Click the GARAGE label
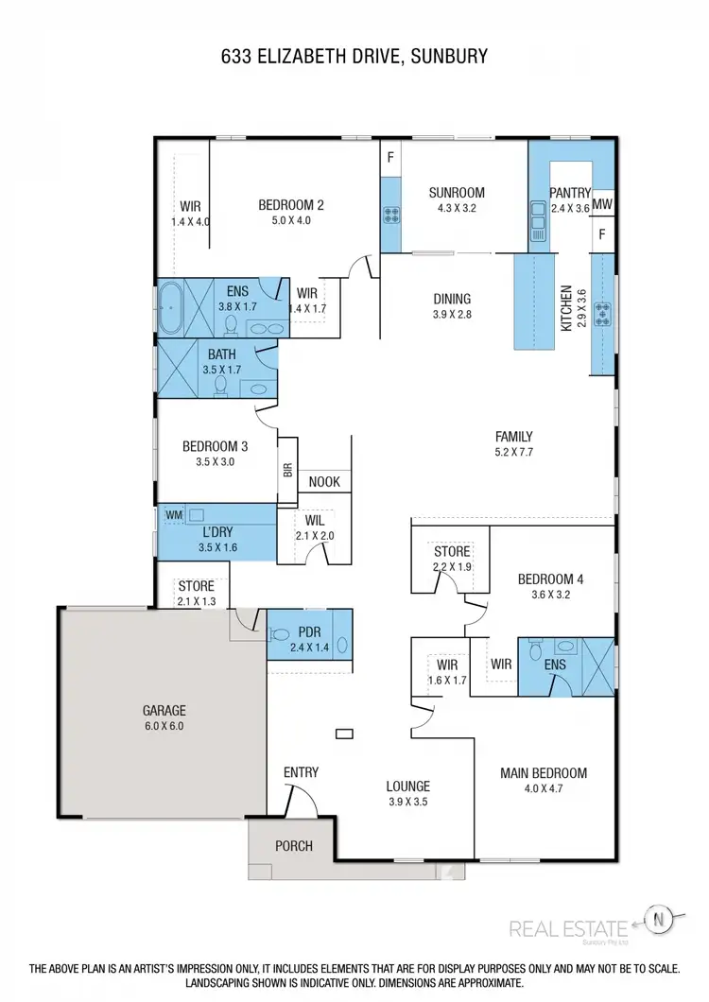coord(164,710)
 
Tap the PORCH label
coord(293,845)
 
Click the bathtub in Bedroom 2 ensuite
coord(171,306)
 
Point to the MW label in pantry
coord(603,203)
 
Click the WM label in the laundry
coord(174,514)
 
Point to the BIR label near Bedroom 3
coord(287,470)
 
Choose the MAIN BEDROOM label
coord(544,772)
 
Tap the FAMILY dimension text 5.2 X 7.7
coord(514,453)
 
